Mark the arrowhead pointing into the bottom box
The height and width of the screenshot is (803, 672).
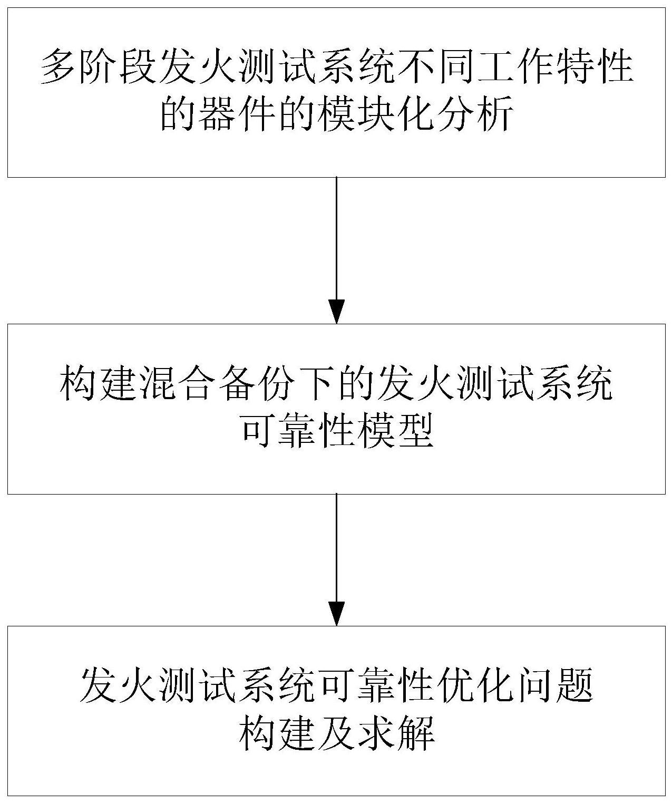(x=336, y=614)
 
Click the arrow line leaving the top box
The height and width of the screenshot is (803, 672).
(x=336, y=237)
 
